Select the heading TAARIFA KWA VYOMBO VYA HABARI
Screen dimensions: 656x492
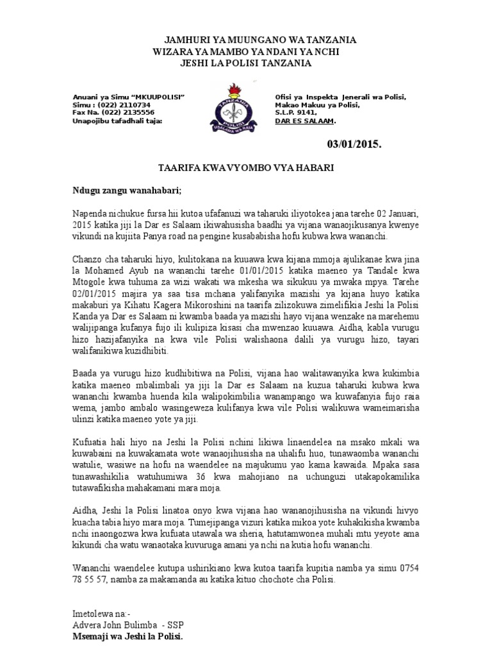pos(246,167)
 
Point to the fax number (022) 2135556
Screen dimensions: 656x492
pos(124,112)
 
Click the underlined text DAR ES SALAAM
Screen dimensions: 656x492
pos(304,120)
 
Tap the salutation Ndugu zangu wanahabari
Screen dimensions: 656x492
pos(126,190)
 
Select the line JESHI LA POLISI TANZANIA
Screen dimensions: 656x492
pos(246,63)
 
